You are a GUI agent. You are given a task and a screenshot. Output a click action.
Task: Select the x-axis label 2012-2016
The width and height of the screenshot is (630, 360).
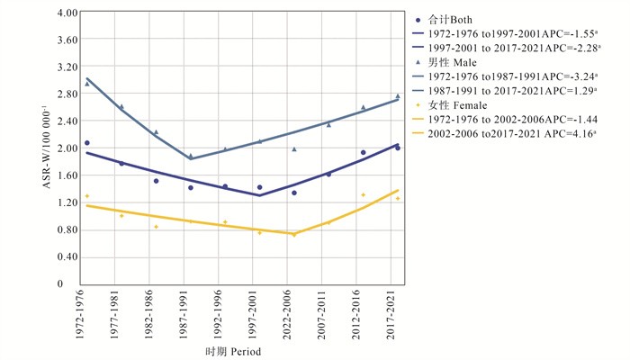(x=363, y=311)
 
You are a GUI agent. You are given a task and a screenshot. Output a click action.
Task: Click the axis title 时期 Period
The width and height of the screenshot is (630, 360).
(x=232, y=352)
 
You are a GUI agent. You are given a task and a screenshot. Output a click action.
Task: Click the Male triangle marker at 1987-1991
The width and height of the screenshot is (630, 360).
(x=190, y=157)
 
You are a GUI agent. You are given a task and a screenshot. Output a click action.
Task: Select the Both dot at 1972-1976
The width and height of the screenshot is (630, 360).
(x=87, y=143)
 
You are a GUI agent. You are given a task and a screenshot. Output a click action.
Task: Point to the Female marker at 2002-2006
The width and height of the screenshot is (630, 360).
(x=293, y=234)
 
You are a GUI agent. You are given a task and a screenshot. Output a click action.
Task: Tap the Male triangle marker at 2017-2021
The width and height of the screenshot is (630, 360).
(x=397, y=97)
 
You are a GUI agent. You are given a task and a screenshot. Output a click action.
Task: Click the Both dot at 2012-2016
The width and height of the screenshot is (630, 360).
(x=363, y=153)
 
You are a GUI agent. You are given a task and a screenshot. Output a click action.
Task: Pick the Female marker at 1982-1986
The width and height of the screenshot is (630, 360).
(x=156, y=227)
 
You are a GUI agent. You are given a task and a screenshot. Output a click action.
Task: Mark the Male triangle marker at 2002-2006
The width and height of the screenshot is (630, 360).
(x=293, y=149)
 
